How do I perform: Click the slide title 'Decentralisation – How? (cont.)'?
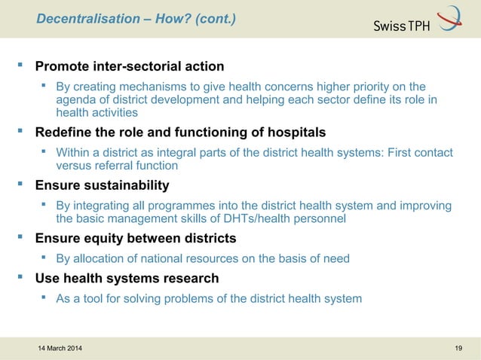pos(136,18)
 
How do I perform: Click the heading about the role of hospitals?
pos(181,133)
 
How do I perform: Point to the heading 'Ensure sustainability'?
pos(103,185)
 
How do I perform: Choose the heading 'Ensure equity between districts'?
pos(136,239)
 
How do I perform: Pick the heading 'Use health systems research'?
pos(127,279)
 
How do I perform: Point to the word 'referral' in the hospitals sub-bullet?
pos(118,166)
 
